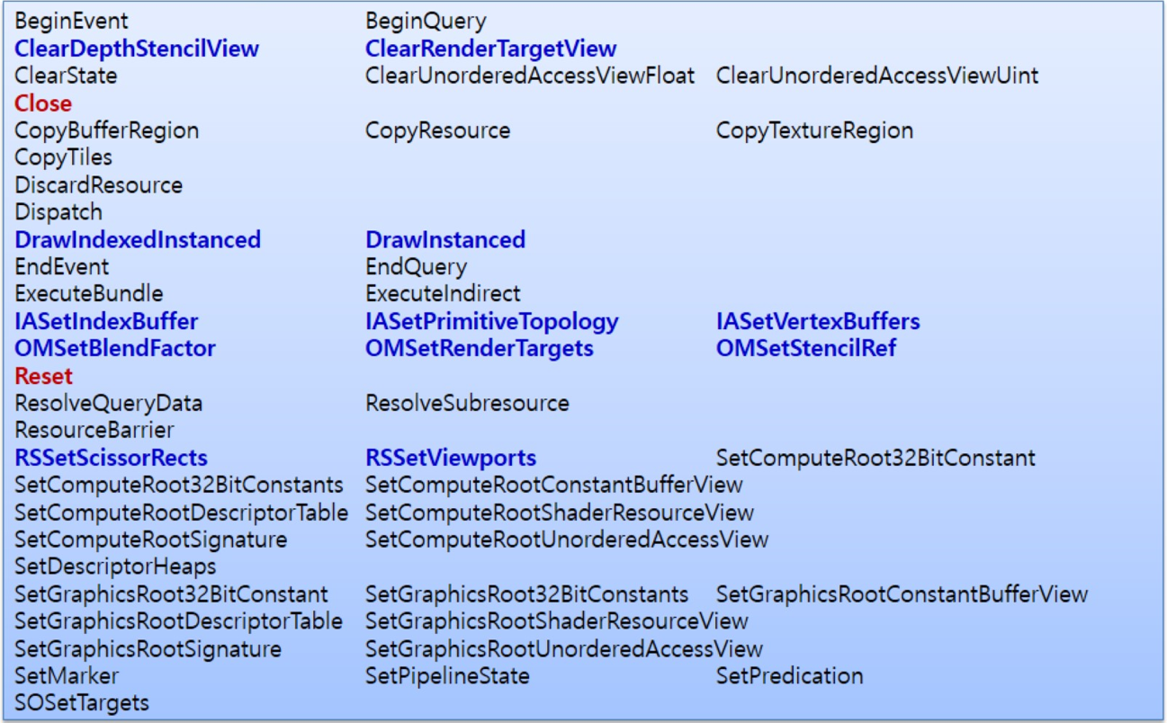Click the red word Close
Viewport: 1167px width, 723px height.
click(x=42, y=103)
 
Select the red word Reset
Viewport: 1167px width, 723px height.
click(x=43, y=376)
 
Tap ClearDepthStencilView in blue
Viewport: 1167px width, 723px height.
click(x=136, y=49)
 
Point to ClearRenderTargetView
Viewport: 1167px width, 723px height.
click(x=490, y=49)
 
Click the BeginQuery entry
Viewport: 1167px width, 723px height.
click(x=426, y=21)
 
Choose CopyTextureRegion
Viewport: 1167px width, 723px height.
click(x=814, y=130)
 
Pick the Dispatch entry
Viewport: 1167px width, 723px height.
click(x=58, y=212)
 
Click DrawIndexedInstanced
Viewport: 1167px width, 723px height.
click(x=138, y=240)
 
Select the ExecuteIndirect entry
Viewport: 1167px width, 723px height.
click(x=443, y=294)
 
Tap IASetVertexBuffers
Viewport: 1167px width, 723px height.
click(x=818, y=321)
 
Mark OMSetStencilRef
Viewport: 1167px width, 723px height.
click(x=806, y=348)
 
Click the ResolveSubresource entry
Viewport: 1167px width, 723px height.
click(x=467, y=403)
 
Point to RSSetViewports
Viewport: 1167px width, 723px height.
click(x=451, y=458)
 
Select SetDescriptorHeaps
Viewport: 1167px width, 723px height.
click(x=115, y=567)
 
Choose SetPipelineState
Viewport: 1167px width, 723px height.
click(x=447, y=675)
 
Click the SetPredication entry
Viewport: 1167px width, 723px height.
click(x=789, y=675)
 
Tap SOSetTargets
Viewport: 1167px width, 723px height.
click(x=82, y=702)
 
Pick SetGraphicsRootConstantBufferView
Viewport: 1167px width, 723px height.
click(x=902, y=594)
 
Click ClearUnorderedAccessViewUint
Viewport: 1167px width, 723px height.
click(x=877, y=76)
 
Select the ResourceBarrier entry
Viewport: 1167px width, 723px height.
click(x=94, y=430)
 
